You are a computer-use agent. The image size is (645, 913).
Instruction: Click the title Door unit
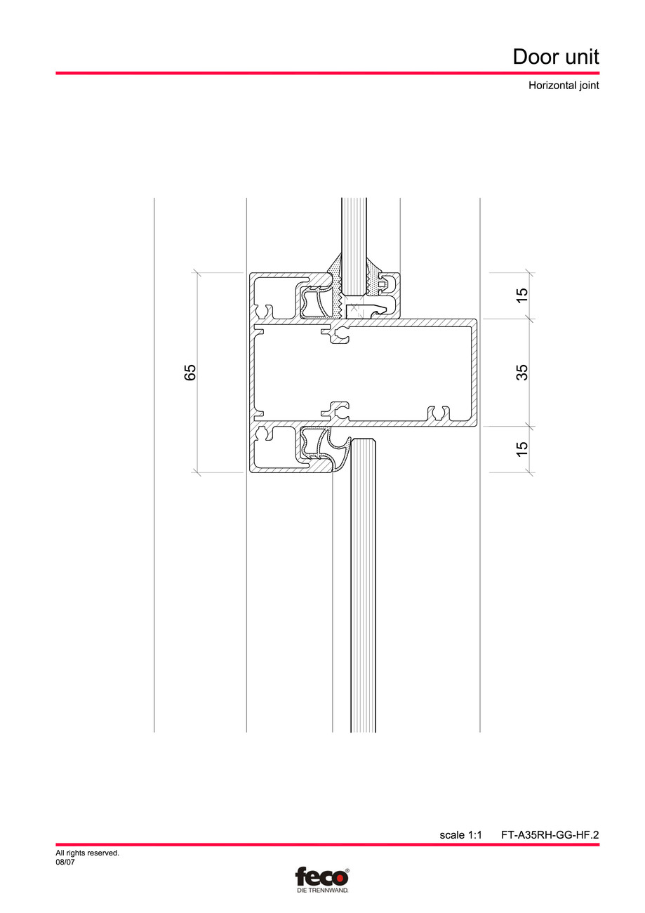point(556,56)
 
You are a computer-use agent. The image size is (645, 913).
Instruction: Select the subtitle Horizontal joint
point(564,86)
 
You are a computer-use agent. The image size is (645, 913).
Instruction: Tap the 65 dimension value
point(190,372)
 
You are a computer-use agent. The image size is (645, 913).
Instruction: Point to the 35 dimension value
point(521,372)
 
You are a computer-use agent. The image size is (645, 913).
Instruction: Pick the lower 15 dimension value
point(521,449)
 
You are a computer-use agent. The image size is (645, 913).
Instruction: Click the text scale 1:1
point(460,835)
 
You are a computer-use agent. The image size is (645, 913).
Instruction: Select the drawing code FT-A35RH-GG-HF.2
point(550,835)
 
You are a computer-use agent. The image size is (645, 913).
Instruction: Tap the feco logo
point(321,877)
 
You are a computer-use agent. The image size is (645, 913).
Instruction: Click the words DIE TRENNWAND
point(321,891)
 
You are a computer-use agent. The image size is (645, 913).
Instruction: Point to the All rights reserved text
point(87,853)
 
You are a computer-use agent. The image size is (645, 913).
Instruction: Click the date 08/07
point(65,862)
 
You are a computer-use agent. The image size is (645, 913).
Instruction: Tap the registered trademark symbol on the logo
point(346,870)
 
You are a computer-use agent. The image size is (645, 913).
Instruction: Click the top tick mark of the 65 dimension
point(197,272)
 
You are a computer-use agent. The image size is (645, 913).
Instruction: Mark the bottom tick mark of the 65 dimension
point(197,472)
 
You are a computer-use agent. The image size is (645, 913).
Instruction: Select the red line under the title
point(328,73)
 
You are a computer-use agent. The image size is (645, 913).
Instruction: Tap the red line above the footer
point(328,845)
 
